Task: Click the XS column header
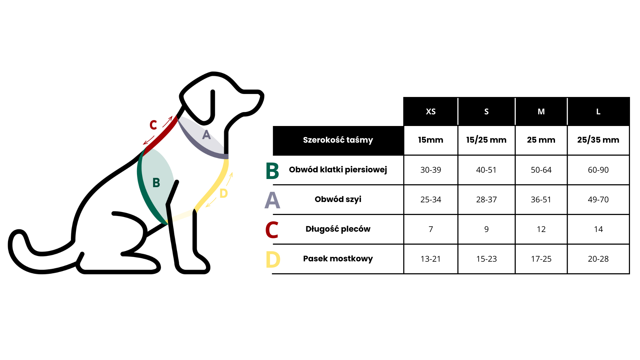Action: pyautogui.click(x=431, y=112)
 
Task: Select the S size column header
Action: pyautogui.click(x=486, y=112)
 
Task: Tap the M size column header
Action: pyautogui.click(x=541, y=112)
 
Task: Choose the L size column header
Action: pyautogui.click(x=598, y=112)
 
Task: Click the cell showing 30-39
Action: pyautogui.click(x=431, y=170)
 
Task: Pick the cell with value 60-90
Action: pyautogui.click(x=598, y=170)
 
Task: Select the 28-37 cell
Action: pyautogui.click(x=486, y=200)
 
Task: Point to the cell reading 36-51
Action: pyautogui.click(x=541, y=200)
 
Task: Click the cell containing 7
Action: pyautogui.click(x=431, y=229)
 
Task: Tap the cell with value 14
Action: pyautogui.click(x=598, y=229)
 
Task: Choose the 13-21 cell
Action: pyautogui.click(x=431, y=259)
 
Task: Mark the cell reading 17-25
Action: pyautogui.click(x=541, y=259)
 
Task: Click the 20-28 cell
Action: pyautogui.click(x=598, y=259)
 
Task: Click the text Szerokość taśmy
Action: pyautogui.click(x=338, y=140)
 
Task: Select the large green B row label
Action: pyautogui.click(x=272, y=171)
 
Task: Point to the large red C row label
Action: pyautogui.click(x=272, y=230)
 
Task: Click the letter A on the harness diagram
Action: pyautogui.click(x=207, y=135)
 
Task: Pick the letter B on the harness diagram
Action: pyautogui.click(x=156, y=183)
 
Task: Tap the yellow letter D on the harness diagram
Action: pyautogui.click(x=223, y=193)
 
